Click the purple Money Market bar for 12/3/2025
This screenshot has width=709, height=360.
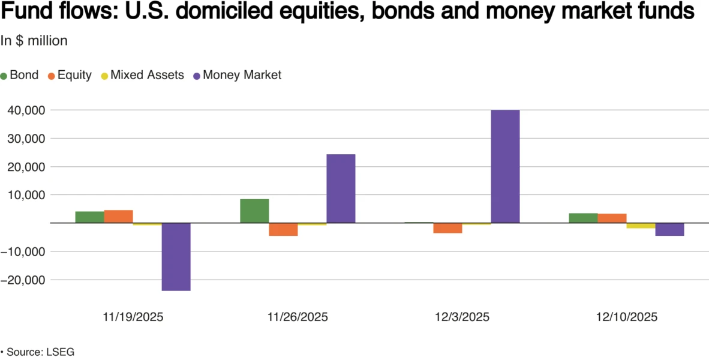pyautogui.click(x=505, y=166)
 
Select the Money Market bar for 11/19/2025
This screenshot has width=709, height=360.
pyautogui.click(x=176, y=257)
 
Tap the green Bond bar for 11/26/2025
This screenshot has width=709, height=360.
pyautogui.click(x=254, y=211)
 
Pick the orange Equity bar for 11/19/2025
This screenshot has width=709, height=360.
pyautogui.click(x=118, y=217)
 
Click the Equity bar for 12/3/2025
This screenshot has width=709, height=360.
pyautogui.click(x=447, y=228)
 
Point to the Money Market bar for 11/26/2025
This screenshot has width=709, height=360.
pyautogui.click(x=341, y=188)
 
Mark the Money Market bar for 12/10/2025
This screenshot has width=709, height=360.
pyautogui.click(x=669, y=229)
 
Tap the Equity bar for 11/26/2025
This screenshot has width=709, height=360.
pyautogui.click(x=283, y=229)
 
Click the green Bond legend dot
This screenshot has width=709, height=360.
pyautogui.click(x=4, y=76)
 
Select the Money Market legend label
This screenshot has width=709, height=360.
pyautogui.click(x=242, y=76)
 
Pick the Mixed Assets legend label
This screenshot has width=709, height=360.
pyautogui.click(x=147, y=76)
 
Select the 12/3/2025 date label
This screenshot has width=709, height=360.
pyautogui.click(x=462, y=317)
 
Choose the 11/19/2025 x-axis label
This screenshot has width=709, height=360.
pyautogui.click(x=133, y=317)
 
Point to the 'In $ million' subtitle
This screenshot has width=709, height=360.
pyautogui.click(x=34, y=41)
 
